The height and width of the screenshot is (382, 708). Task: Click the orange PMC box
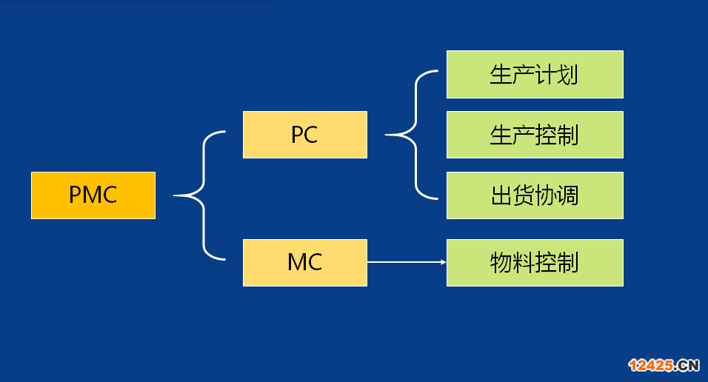pos(93,195)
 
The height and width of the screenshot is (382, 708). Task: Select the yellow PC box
pos(305,135)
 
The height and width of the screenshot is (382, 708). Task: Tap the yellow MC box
pos(305,262)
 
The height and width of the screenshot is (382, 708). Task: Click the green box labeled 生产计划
pos(535,75)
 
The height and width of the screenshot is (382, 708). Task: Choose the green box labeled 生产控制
pos(535,135)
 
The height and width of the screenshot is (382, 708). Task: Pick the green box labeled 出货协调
pos(535,195)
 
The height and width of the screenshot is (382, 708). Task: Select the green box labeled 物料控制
pos(535,262)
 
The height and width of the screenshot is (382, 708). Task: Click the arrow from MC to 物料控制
pos(407,262)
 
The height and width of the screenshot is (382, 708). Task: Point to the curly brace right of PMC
pos(203,195)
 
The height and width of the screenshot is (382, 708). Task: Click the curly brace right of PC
pos(415,135)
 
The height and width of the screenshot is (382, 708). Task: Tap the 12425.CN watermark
pos(664,365)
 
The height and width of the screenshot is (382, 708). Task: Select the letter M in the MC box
pos(297,262)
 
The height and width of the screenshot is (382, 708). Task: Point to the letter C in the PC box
pos(311,135)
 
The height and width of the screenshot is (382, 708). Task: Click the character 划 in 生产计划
pos(567,75)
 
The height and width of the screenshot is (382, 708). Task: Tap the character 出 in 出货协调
pos(501,195)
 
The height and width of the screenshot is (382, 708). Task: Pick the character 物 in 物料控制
pos(501,262)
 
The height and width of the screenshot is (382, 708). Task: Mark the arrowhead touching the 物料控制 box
pos(444,262)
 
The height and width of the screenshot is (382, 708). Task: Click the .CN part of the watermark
pos(687,365)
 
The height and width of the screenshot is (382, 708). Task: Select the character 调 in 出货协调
pos(568,195)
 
